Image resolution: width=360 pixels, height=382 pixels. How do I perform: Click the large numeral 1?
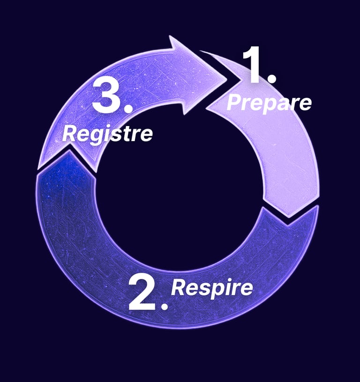coord(255,66)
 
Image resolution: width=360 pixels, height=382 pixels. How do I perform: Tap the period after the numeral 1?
coord(271,79)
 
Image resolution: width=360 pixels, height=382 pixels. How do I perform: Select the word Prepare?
coord(269,103)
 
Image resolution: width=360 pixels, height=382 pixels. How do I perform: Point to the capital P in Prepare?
coord(234,103)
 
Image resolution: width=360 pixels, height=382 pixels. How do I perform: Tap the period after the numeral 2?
coord(164,306)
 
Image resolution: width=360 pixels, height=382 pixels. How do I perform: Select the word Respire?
coord(212,287)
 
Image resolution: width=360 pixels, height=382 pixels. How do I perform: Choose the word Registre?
coord(107,134)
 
